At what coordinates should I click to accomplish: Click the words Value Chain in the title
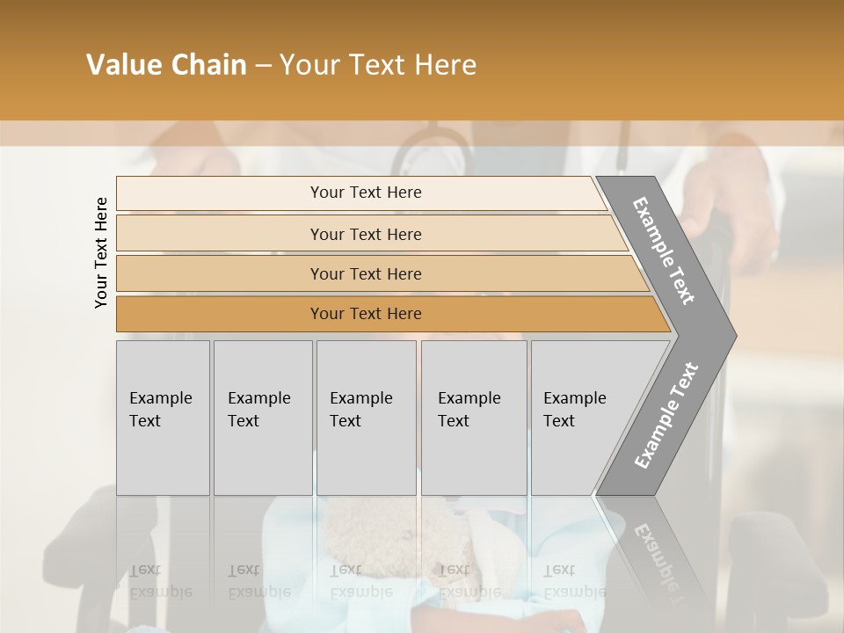click(166, 65)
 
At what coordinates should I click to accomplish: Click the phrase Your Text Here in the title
click(378, 65)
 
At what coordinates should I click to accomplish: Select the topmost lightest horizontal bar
click(220, 193)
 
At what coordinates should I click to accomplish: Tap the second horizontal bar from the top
click(220, 234)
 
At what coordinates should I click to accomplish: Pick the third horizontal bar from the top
click(220, 274)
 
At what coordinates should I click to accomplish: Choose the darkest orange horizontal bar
click(220, 314)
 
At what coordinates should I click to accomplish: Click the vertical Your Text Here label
click(101, 252)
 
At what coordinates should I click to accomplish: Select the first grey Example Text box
click(163, 418)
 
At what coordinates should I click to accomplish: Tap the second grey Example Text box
click(262, 418)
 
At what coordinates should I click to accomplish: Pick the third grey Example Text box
click(366, 418)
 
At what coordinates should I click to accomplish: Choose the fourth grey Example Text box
click(474, 418)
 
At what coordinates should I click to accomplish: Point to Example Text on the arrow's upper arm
click(664, 251)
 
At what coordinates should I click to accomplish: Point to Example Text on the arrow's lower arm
click(666, 415)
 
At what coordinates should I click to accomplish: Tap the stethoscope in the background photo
click(431, 149)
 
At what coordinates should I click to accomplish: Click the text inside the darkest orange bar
click(366, 314)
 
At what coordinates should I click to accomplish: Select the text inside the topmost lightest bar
click(366, 193)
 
